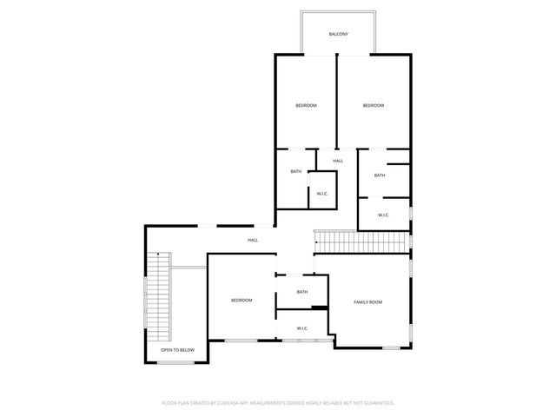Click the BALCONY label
(x=339, y=34)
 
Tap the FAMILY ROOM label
(x=367, y=301)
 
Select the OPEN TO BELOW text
(x=177, y=350)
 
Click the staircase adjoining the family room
(x=359, y=242)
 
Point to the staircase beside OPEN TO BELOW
(x=158, y=295)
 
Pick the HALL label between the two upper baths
(x=338, y=161)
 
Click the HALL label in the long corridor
(x=253, y=240)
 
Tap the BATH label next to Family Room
(x=302, y=292)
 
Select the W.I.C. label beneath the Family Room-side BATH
(x=302, y=328)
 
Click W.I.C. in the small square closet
(x=321, y=194)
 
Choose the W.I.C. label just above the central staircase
(x=383, y=215)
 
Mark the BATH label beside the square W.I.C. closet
(x=296, y=171)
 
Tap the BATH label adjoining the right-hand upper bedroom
(x=380, y=175)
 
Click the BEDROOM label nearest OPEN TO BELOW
(x=241, y=301)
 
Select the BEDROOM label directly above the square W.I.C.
(x=306, y=105)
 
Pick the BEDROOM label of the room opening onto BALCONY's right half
(x=374, y=105)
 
